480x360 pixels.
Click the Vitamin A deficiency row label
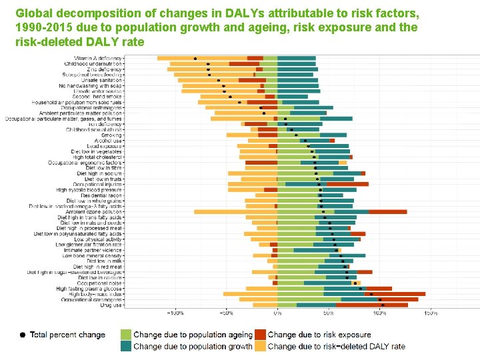103,58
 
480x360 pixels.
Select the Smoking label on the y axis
111,135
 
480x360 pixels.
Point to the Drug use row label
111,305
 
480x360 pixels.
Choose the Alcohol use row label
108,141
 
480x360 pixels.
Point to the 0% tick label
277,313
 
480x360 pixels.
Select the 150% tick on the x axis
430,313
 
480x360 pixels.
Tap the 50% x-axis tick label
329,313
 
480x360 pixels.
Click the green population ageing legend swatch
125,334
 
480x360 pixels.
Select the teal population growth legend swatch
125,346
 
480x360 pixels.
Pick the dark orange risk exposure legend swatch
260,334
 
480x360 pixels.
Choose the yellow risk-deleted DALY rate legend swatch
260,346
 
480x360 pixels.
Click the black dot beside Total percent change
22,335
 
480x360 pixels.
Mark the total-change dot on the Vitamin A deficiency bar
195,59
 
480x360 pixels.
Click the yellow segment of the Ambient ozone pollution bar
234,211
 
